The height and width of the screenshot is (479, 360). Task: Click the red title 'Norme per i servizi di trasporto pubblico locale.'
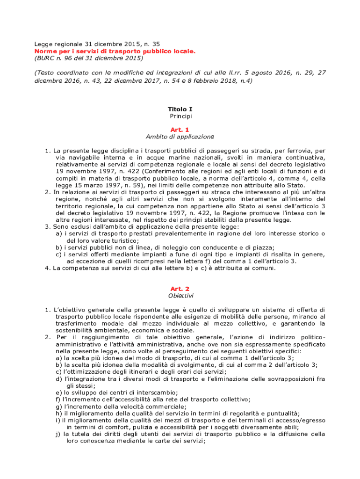click(x=115, y=51)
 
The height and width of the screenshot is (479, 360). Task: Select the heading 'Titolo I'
click(x=180, y=109)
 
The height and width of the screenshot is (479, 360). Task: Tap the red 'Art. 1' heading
click(x=180, y=129)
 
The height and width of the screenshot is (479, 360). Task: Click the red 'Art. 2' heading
click(x=180, y=289)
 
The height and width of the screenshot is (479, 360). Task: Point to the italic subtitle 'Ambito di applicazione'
click(x=180, y=137)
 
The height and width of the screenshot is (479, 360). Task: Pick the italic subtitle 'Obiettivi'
click(x=180, y=296)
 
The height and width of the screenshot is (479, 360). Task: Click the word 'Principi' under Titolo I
click(x=180, y=116)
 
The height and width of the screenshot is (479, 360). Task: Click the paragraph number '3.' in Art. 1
click(x=48, y=227)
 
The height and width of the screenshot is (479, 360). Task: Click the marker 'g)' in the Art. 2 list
click(x=58, y=406)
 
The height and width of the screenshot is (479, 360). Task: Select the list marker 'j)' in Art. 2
click(x=58, y=434)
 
